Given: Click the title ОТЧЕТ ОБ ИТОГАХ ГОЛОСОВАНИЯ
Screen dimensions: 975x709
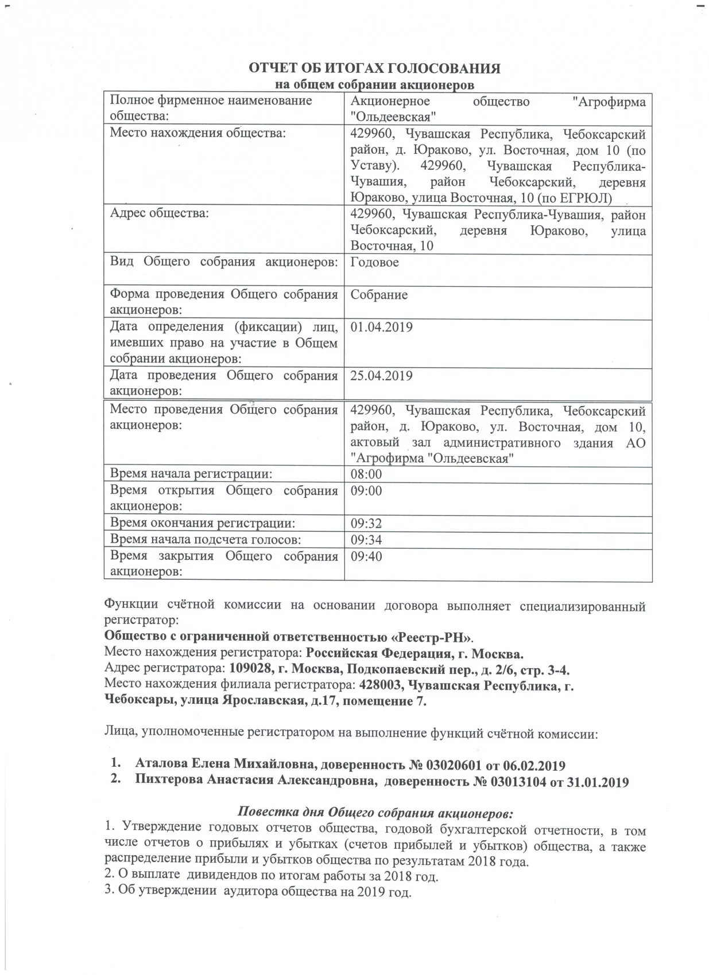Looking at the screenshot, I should click(374, 68).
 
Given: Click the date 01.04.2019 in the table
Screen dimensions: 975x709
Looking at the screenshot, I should click(381, 327).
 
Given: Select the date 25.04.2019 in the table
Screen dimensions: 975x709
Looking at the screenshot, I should click(381, 376).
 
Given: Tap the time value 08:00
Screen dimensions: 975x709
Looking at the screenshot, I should click(366, 474).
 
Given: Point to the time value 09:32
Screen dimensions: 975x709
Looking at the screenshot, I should click(366, 523).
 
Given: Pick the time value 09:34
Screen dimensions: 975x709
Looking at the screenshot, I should click(366, 540).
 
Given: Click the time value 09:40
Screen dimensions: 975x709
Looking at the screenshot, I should click(366, 556).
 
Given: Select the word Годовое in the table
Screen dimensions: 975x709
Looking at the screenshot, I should click(374, 263).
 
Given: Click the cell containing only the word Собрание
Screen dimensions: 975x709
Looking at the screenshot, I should click(379, 295).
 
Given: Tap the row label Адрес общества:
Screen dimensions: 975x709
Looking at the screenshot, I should click(159, 214).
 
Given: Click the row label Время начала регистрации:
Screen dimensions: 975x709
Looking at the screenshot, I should click(191, 474).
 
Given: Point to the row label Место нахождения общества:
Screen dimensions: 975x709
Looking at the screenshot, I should click(197, 133).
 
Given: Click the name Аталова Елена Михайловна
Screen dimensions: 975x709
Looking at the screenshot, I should click(226, 765).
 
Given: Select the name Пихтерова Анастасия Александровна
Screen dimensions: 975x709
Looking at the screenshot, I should click(255, 782).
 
